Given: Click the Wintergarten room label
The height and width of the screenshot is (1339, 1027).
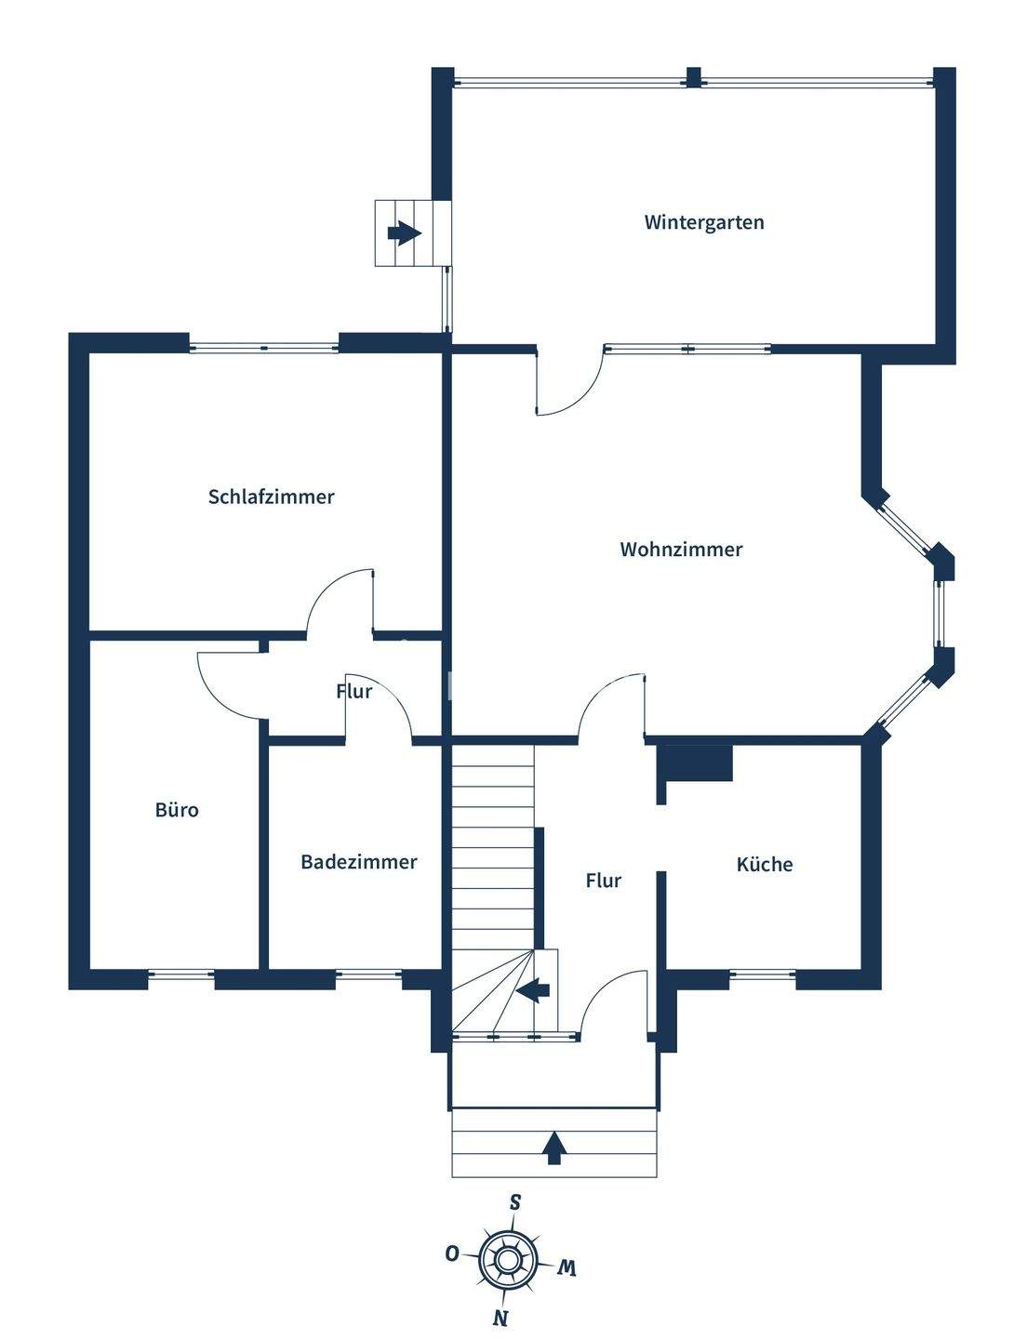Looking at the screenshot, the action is pyautogui.click(x=703, y=222).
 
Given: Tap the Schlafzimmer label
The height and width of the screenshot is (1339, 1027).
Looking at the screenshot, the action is pyautogui.click(x=271, y=497).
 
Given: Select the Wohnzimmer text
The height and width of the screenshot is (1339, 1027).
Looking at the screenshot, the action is pyautogui.click(x=681, y=550).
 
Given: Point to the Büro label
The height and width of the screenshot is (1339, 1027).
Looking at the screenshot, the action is pyautogui.click(x=177, y=810).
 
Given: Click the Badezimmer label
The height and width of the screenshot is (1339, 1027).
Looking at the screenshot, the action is pyautogui.click(x=358, y=862).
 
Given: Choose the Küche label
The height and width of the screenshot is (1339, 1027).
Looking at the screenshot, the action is pyautogui.click(x=764, y=865).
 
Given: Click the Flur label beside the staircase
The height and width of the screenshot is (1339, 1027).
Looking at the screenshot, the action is pyautogui.click(x=603, y=881).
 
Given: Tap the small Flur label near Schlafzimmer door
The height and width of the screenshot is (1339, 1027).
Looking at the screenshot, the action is pyautogui.click(x=353, y=692).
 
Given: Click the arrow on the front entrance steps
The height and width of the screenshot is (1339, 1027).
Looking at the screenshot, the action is pyautogui.click(x=554, y=1147).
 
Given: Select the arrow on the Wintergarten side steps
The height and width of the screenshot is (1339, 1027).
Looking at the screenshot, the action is pyautogui.click(x=404, y=232).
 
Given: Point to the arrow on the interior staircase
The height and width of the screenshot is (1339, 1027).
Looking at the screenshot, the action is pyautogui.click(x=532, y=991).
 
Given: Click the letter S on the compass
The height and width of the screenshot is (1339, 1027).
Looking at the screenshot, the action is pyautogui.click(x=514, y=1202).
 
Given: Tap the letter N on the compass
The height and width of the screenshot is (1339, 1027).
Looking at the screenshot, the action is pyautogui.click(x=500, y=1318).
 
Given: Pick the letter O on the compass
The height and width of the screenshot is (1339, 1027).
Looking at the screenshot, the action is pyautogui.click(x=452, y=1253).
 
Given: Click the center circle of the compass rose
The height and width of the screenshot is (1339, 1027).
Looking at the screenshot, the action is pyautogui.click(x=507, y=1260).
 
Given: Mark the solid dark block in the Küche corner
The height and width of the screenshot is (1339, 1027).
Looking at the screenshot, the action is pyautogui.click(x=696, y=762).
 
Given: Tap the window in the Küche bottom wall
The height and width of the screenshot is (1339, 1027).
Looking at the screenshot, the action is pyautogui.click(x=763, y=976).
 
